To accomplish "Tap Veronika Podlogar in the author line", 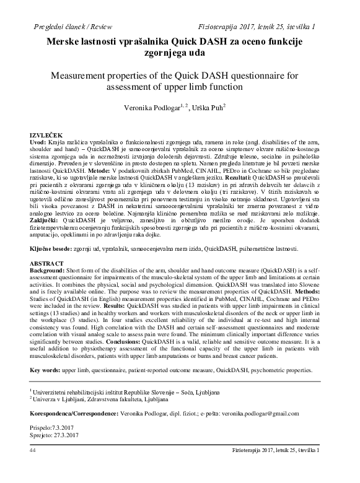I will [151, 107].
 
